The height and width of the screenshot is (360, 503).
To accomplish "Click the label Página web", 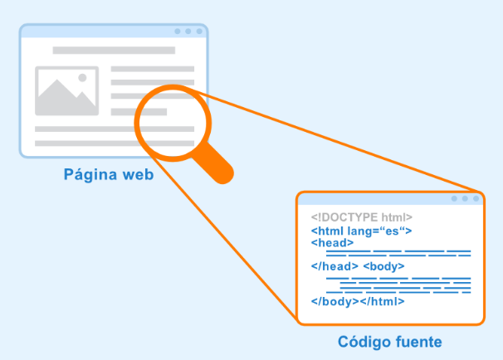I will (108, 175).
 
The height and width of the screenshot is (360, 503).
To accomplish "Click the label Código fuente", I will (389, 341).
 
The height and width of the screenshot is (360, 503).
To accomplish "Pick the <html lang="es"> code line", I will (361, 231).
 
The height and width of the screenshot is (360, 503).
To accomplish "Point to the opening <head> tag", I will (332, 243).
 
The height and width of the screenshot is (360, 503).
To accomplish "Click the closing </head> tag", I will (335, 266).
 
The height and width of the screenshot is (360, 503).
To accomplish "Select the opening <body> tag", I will (383, 266).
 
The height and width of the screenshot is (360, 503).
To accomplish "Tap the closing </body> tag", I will (335, 301).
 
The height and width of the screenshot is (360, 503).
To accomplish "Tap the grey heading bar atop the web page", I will (114, 51).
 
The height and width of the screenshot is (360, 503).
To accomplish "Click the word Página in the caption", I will (90, 175).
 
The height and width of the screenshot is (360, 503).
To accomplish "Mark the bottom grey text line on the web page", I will (114, 143).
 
